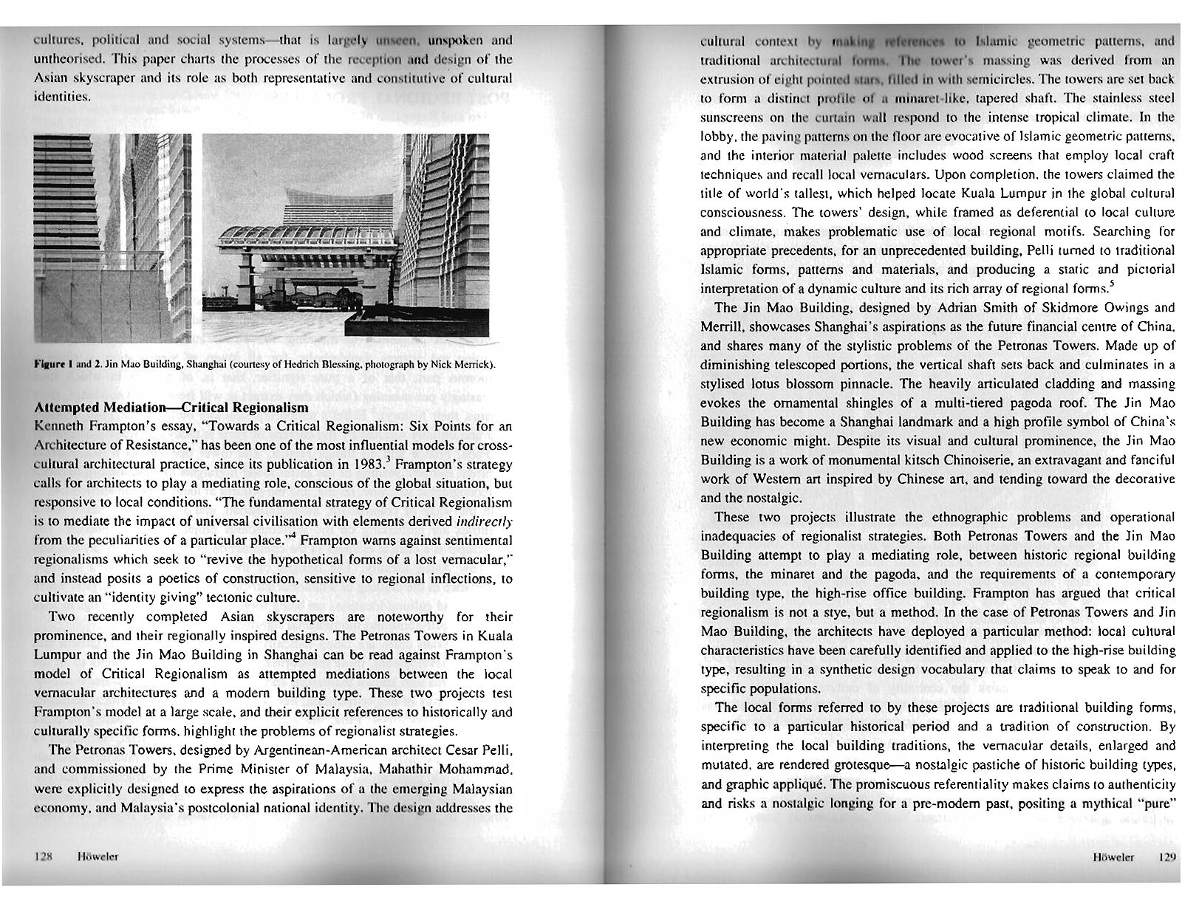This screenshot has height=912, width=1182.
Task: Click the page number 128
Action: [x=42, y=857]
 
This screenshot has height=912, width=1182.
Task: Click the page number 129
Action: [x=1166, y=857]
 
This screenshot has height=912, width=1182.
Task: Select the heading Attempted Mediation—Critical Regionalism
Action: [x=171, y=408]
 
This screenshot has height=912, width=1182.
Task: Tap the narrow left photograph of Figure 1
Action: [x=112, y=238]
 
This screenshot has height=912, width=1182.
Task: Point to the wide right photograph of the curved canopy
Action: [x=345, y=238]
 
